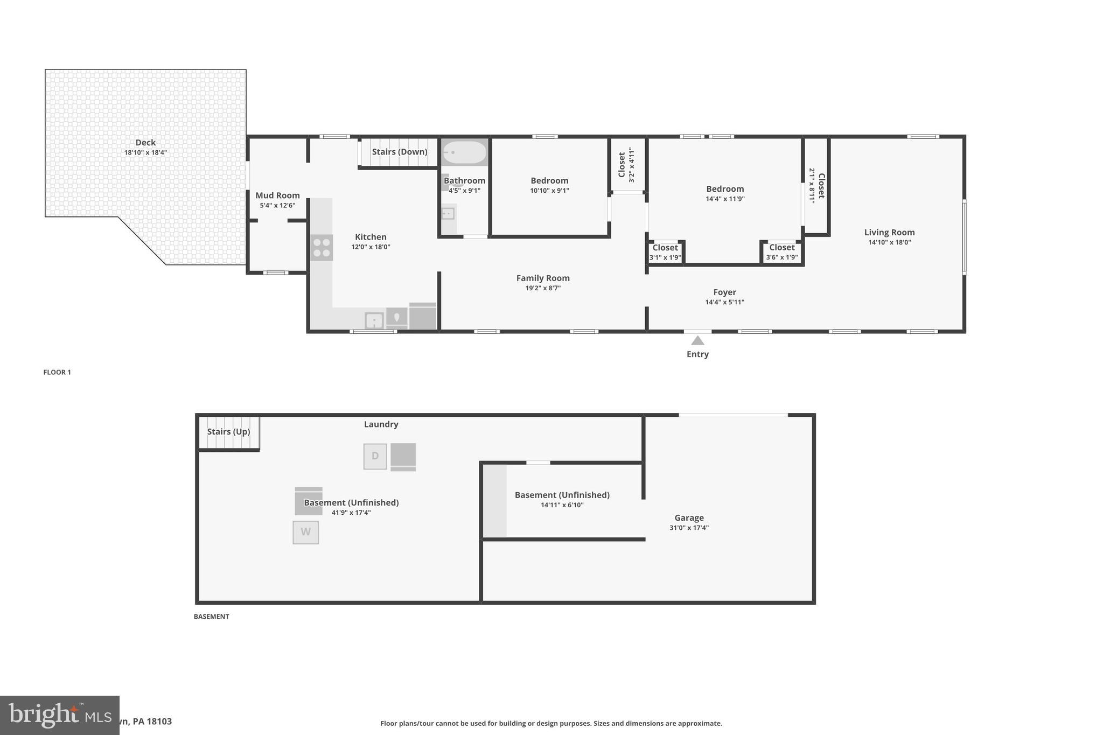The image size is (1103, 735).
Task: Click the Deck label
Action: click(x=145, y=143)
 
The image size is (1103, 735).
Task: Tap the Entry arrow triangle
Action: click(x=697, y=340)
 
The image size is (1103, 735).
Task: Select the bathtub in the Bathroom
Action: click(x=464, y=152)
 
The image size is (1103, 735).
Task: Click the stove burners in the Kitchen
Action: click(x=322, y=248)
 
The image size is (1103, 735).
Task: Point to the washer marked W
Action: click(x=305, y=532)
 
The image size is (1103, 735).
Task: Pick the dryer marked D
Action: click(x=375, y=456)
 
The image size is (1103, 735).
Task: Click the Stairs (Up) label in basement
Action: click(x=228, y=432)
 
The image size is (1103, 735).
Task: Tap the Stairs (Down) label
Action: click(x=399, y=152)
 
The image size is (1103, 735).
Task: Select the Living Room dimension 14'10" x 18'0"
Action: click(x=889, y=242)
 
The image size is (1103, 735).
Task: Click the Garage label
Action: click(x=689, y=518)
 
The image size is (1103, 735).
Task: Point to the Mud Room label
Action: click(x=277, y=195)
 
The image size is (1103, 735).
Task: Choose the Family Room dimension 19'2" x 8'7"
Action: click(x=543, y=288)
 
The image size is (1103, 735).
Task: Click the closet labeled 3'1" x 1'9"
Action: click(x=665, y=252)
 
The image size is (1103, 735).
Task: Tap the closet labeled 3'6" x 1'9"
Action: click(x=781, y=252)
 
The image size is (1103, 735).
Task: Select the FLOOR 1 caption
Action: click(x=57, y=372)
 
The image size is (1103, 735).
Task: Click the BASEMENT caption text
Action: click(x=211, y=617)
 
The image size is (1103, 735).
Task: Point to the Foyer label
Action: click(x=724, y=292)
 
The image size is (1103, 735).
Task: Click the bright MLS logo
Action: click(x=59, y=715)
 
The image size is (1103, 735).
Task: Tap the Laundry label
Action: click(x=381, y=424)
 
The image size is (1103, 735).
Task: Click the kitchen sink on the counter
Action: click(x=374, y=321)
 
